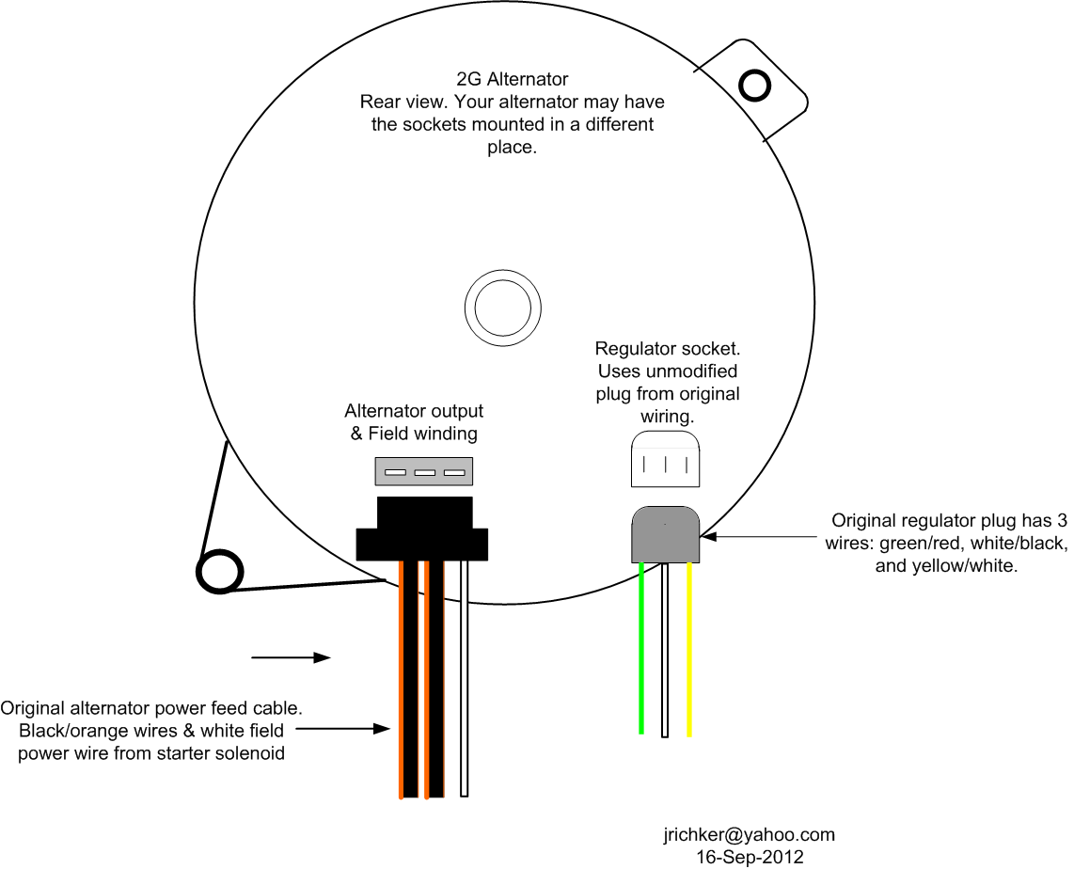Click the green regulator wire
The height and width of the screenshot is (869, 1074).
(x=641, y=648)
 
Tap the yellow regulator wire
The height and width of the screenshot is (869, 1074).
(x=689, y=649)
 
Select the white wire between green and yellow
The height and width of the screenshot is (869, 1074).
(x=664, y=649)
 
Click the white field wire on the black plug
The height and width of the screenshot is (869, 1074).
(x=464, y=678)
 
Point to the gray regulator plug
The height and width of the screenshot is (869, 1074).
(x=665, y=534)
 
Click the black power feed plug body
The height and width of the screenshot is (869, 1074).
(x=422, y=529)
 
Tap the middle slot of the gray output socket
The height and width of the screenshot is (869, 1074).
(x=425, y=472)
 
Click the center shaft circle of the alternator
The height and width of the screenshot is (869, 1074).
(x=503, y=308)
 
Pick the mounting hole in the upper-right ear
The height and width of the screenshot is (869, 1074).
(x=755, y=86)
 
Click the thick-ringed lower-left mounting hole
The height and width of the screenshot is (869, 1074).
(x=220, y=572)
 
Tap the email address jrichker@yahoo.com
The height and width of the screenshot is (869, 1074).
(x=749, y=835)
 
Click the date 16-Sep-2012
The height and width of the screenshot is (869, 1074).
(x=750, y=857)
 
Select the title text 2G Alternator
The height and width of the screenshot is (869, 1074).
(x=513, y=79)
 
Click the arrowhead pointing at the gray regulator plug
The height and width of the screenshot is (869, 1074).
(x=708, y=537)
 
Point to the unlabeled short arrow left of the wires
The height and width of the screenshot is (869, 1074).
(x=292, y=657)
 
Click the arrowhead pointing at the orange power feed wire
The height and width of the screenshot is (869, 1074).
(x=382, y=729)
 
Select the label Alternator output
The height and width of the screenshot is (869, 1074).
(x=414, y=411)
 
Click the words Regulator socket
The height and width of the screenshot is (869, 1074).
(x=667, y=349)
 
